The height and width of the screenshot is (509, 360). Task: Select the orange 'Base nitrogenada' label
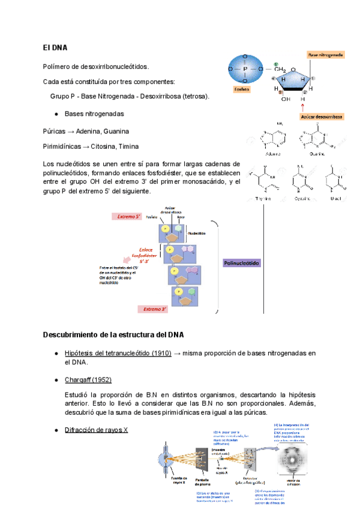coord(326,55)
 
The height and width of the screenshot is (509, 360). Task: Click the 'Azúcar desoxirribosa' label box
coord(322,116)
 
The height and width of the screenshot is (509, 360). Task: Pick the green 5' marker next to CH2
coord(275,64)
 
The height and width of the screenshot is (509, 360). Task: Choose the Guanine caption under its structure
coord(317,154)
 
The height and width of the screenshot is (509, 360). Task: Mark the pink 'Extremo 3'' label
coord(155,309)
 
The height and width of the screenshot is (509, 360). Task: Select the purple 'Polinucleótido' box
coord(242,263)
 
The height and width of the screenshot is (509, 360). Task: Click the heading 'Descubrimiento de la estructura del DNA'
coord(113,334)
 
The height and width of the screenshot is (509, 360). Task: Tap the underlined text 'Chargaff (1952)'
coord(88,380)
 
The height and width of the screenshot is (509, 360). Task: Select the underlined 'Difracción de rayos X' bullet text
coord(96,430)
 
